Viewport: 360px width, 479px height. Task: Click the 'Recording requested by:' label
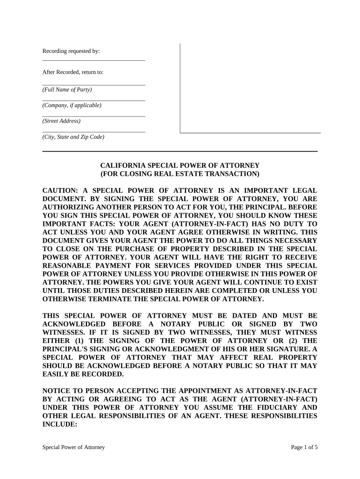click(71, 51)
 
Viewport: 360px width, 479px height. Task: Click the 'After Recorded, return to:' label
click(73, 72)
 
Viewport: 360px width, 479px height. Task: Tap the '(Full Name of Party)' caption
click(67, 89)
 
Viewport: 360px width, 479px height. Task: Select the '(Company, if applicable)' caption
click(72, 105)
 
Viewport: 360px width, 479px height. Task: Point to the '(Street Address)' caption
click(61, 121)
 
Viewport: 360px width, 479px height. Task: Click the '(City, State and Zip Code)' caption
click(73, 137)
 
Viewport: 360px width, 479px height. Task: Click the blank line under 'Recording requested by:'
click(94, 60)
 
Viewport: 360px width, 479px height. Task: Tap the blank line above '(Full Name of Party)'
click(94, 85)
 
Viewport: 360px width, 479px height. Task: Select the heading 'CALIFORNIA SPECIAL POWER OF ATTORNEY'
click(180, 166)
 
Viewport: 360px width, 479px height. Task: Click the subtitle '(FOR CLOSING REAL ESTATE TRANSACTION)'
click(180, 174)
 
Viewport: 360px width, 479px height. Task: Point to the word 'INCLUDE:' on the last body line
click(59, 424)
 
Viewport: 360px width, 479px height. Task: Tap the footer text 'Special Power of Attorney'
click(73, 447)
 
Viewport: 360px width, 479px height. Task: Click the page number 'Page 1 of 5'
click(304, 447)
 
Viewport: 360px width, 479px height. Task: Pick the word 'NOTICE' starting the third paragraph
click(57, 390)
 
